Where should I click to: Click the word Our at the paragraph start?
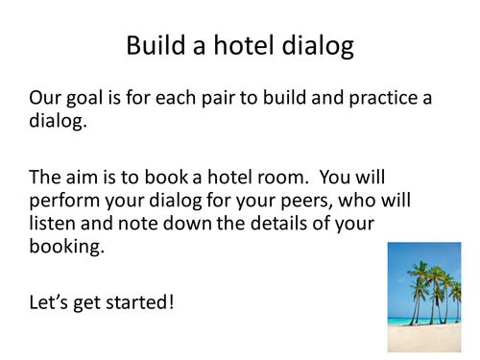click(x=46, y=98)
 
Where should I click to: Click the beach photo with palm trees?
click(x=423, y=297)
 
